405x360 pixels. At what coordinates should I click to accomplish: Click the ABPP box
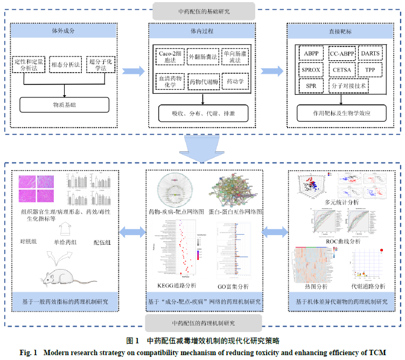point(311,54)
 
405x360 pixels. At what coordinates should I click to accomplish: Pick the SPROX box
point(311,70)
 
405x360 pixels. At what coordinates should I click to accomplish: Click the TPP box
point(370,70)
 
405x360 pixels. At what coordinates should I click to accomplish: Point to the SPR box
point(311,86)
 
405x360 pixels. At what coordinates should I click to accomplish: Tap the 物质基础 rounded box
point(64,104)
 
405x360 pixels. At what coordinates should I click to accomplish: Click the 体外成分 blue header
point(64,31)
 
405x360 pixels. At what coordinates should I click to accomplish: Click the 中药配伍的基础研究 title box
point(203,11)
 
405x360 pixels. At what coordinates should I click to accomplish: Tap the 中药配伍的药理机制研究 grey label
point(203,323)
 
